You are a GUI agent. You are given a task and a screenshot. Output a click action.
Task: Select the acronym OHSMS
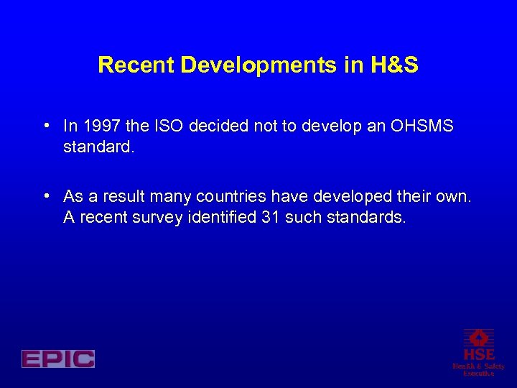[422, 126]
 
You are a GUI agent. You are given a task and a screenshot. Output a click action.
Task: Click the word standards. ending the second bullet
[345, 217]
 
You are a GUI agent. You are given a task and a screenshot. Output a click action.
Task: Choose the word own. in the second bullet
[454, 197]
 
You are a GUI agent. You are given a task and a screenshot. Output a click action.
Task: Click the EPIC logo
[58, 359]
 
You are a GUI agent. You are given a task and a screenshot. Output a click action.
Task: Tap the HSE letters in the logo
[478, 354]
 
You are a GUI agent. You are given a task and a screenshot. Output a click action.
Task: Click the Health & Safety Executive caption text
[478, 369]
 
